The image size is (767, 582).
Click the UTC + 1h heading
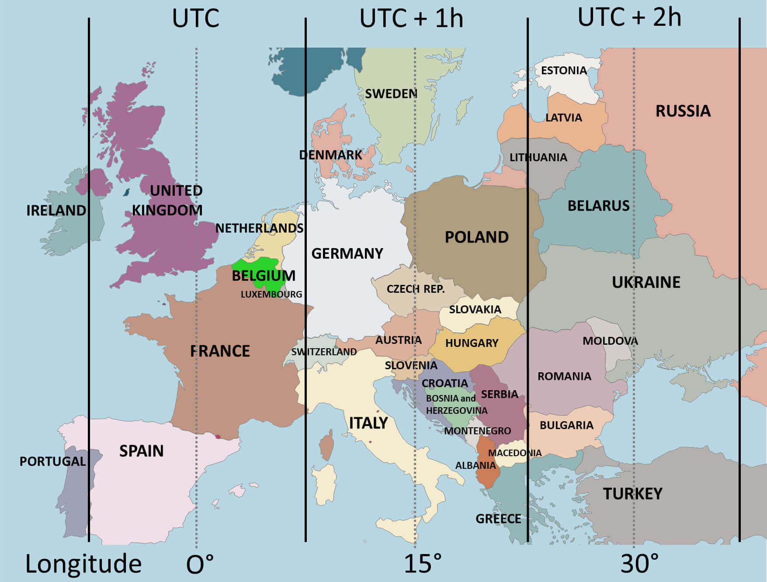(x=411, y=19)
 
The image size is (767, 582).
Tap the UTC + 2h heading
(x=629, y=17)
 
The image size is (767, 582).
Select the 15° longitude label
(x=422, y=564)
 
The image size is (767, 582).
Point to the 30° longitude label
(x=639, y=564)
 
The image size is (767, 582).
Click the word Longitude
(x=83, y=564)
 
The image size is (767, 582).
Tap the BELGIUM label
(x=263, y=276)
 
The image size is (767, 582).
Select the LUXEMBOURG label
(x=271, y=294)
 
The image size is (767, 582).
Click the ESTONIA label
(x=563, y=70)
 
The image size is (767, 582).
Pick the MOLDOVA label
(x=610, y=341)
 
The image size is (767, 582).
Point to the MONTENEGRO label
(x=477, y=431)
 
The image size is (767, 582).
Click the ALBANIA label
(x=475, y=465)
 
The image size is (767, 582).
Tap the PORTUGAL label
(x=52, y=461)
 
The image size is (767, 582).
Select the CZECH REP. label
(x=415, y=289)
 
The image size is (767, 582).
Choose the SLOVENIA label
(x=410, y=365)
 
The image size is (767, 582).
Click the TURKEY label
(x=632, y=494)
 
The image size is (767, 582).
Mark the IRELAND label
(x=56, y=210)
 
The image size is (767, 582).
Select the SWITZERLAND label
(x=324, y=352)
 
